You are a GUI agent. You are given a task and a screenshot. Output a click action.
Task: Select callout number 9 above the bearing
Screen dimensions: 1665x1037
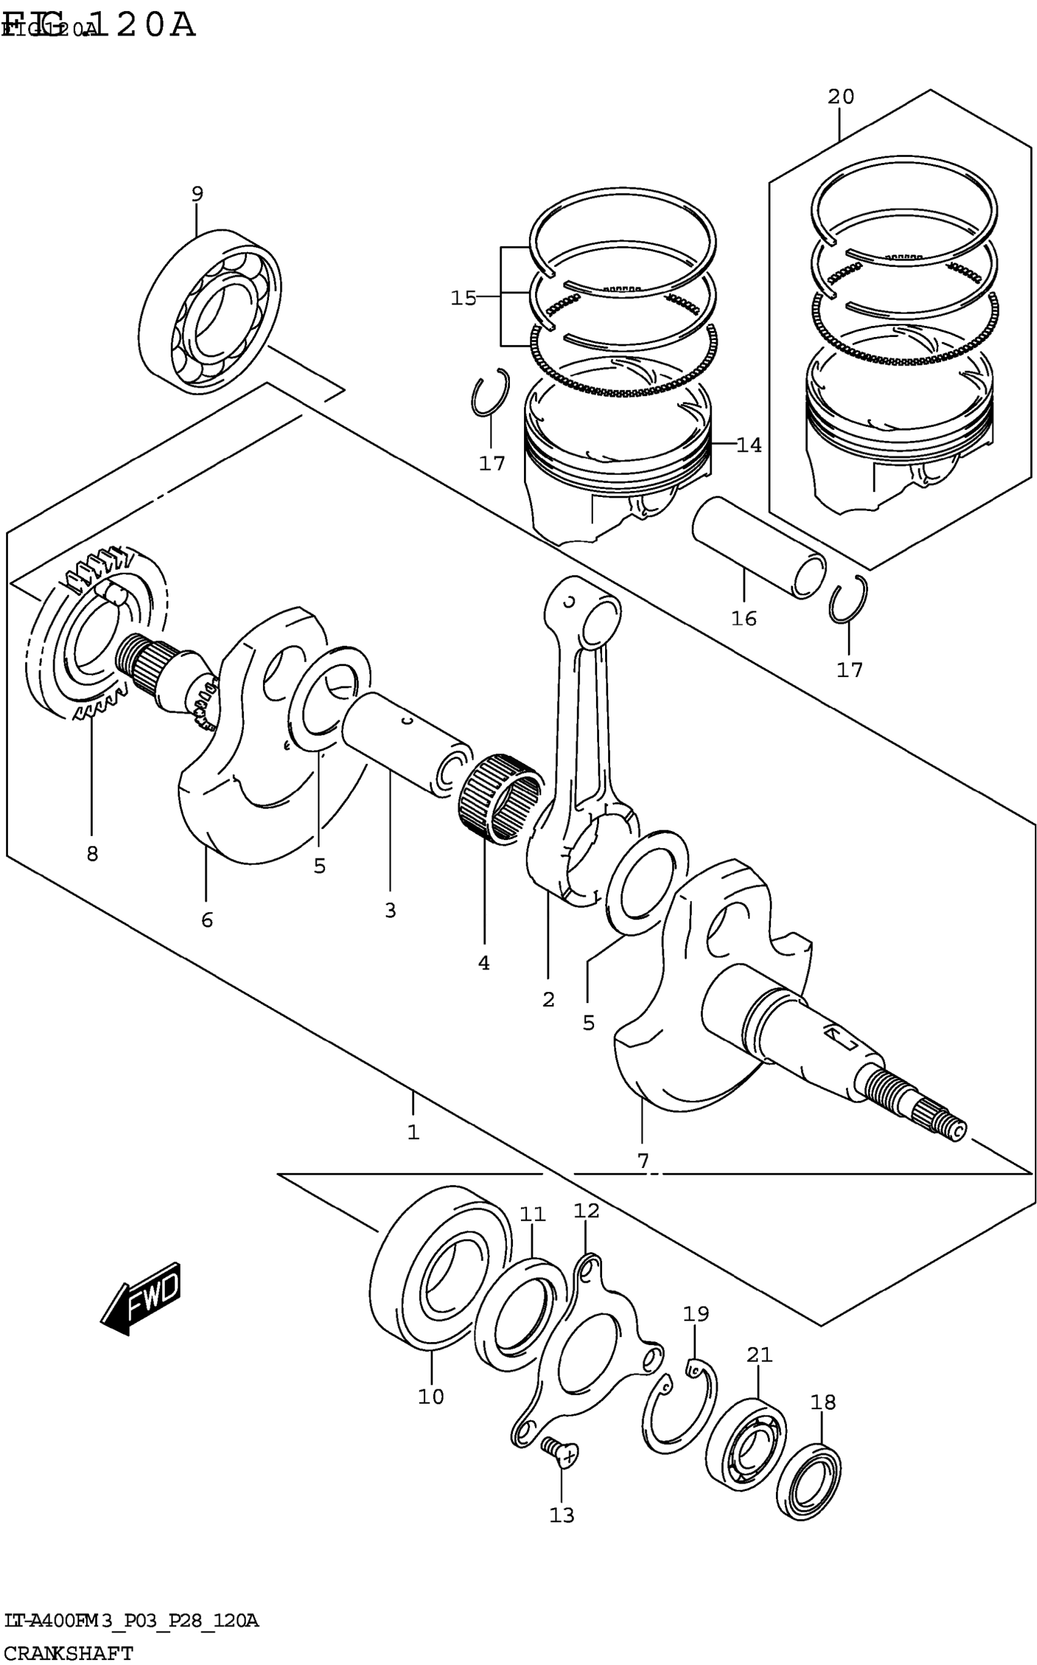197,194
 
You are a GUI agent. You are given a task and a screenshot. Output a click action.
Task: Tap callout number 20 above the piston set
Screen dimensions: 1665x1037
840,96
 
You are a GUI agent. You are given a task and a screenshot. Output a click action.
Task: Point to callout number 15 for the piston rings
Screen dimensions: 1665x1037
463,298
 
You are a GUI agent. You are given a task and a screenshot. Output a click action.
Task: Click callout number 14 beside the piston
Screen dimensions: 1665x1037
749,446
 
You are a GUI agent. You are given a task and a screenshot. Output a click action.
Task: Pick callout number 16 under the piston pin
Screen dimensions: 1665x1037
744,618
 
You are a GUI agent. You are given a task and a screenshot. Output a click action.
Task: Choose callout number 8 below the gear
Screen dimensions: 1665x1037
92,854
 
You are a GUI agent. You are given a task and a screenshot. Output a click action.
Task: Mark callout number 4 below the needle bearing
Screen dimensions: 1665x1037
484,963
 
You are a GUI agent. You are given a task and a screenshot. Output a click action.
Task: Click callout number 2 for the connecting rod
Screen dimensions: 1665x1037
548,999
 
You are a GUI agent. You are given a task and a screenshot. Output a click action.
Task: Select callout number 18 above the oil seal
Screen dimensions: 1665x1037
823,1402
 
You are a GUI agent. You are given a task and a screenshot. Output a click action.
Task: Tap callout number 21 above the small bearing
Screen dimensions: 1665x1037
759,1355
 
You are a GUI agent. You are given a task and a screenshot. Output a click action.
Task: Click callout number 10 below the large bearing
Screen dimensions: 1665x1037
431,1396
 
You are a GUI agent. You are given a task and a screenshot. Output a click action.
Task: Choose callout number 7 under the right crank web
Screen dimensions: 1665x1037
643,1161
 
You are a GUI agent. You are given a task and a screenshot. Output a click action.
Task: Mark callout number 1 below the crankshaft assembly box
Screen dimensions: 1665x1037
413,1133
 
